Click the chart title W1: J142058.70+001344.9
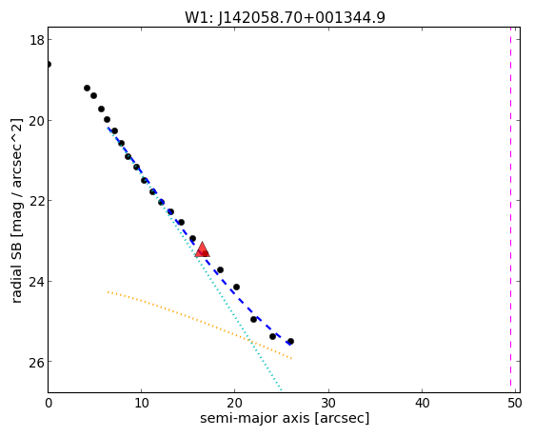click(x=285, y=17)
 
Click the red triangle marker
click(x=203, y=249)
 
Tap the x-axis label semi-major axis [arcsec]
click(x=285, y=418)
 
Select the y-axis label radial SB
click(x=17, y=268)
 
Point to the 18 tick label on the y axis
click(x=37, y=40)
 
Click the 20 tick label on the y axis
click(x=36, y=121)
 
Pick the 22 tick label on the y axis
click(x=36, y=201)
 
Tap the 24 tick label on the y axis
click(x=36, y=282)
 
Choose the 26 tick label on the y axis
click(x=36, y=362)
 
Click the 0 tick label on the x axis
click(x=49, y=404)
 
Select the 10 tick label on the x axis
click(x=141, y=404)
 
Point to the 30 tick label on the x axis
click(x=328, y=404)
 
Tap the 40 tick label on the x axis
click(x=422, y=404)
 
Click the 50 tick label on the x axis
click(x=515, y=404)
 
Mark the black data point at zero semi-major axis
click(x=49, y=64)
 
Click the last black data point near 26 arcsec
click(x=290, y=341)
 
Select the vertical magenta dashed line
click(x=510, y=207)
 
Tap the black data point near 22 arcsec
click(x=253, y=319)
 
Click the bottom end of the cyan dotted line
click(x=282, y=390)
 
